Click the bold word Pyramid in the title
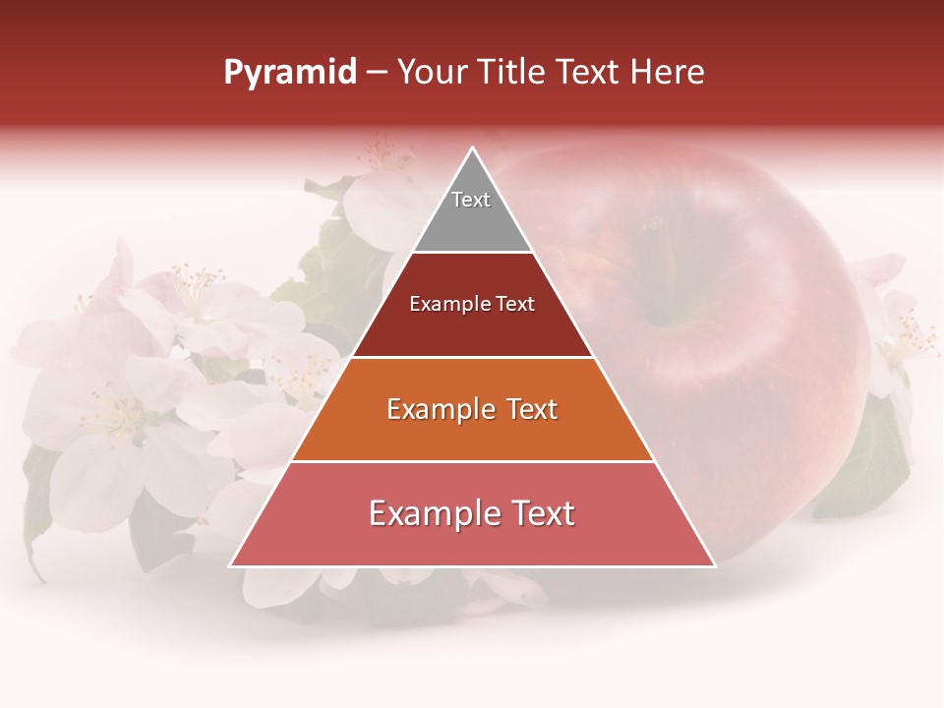point(290,73)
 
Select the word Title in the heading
point(515,73)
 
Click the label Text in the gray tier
point(471,200)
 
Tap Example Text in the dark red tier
point(472,304)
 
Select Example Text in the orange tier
point(472,409)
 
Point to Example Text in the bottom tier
point(472,513)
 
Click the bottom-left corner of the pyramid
point(231,565)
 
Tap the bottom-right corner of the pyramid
point(715,565)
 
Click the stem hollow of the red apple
point(657,295)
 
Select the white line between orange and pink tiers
point(472,461)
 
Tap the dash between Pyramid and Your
point(377,73)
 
